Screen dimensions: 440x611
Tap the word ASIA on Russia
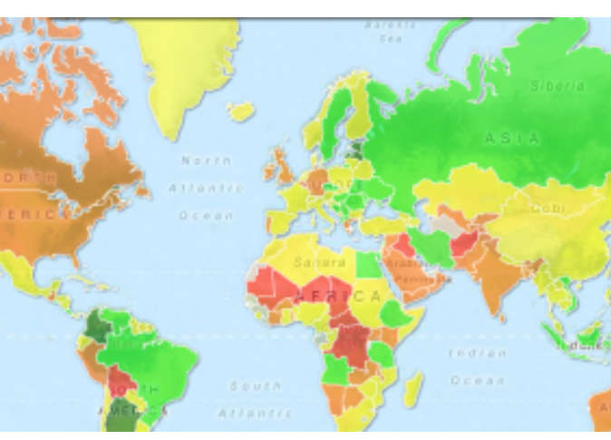tap(512, 138)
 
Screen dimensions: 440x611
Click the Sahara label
tap(319, 262)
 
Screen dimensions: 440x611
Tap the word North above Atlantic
tap(206, 161)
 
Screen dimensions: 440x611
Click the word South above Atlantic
tap(255, 386)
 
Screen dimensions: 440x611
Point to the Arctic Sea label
tap(390, 32)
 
